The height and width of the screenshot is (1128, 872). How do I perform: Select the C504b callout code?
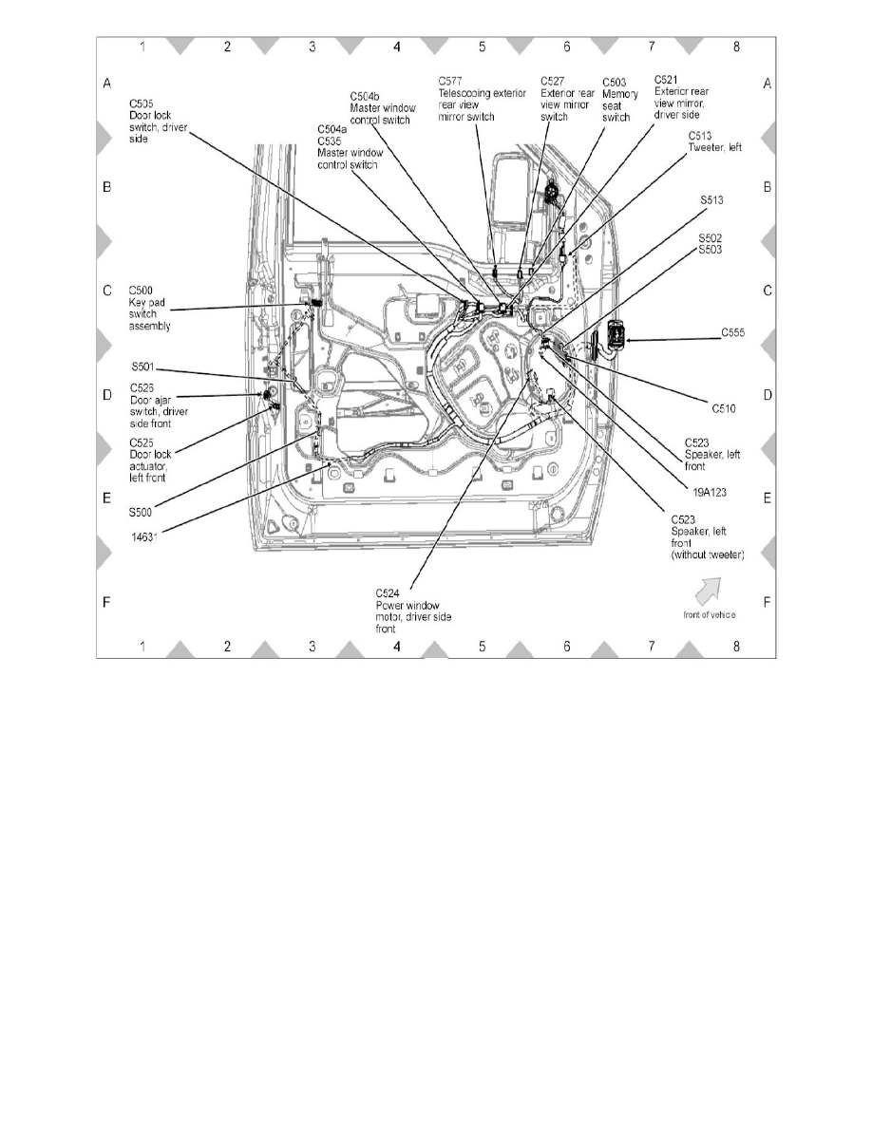click(x=364, y=96)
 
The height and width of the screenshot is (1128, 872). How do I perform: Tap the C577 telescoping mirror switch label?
click(x=482, y=99)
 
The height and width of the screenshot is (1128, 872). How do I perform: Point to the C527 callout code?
click(x=553, y=81)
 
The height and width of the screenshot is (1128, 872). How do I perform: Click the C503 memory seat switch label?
click(x=616, y=100)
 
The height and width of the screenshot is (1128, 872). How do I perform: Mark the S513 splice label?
click(x=712, y=200)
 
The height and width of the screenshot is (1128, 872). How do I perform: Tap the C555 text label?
click(x=732, y=333)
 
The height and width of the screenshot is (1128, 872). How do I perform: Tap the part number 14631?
click(x=144, y=537)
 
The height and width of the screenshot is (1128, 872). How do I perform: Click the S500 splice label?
click(x=142, y=512)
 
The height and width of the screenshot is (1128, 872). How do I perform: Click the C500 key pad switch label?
click(x=149, y=308)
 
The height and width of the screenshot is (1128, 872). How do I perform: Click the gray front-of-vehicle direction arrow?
click(x=707, y=591)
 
